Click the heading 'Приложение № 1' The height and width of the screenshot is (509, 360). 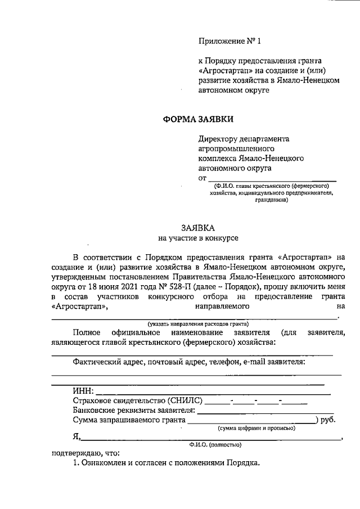pyautogui.click(x=231, y=41)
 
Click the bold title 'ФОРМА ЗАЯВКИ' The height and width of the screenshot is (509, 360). pyautogui.click(x=197, y=119)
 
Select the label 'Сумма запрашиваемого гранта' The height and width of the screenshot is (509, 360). pyautogui.click(x=129, y=420)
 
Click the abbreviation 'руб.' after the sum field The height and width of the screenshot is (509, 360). pyautogui.click(x=327, y=420)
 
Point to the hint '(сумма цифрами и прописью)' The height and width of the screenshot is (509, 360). pyautogui.click(x=256, y=428)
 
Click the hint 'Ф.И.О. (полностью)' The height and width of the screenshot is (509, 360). pyautogui.click(x=215, y=445)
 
